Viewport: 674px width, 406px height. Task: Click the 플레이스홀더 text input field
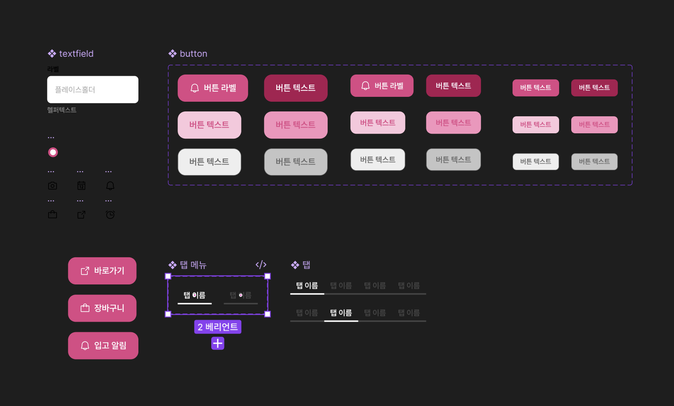93,90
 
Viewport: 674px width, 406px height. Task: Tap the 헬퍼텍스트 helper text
62,110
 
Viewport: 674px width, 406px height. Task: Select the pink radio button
53,152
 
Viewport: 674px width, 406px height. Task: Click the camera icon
53,186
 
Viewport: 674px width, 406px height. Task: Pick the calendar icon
81,186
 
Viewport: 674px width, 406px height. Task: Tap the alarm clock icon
110,215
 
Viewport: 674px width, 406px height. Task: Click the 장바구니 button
102,308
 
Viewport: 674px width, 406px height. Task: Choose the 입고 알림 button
103,346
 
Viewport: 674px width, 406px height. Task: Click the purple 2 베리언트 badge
218,327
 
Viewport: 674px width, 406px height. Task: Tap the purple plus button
218,344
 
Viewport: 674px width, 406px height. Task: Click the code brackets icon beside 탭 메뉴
261,265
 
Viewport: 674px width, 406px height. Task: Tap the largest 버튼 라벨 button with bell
213,88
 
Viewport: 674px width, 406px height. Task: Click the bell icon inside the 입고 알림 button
85,346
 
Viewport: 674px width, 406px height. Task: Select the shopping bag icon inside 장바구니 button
85,308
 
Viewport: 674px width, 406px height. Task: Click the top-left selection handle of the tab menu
168,276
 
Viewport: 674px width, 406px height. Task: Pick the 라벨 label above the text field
53,69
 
